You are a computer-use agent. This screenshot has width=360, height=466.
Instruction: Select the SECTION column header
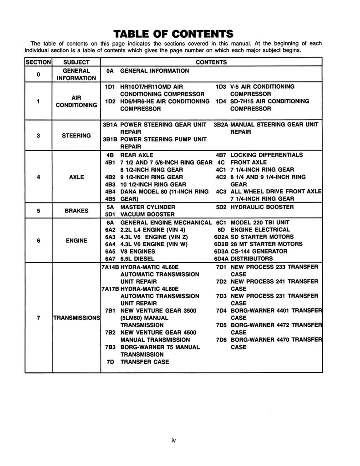pyautogui.click(x=38, y=62)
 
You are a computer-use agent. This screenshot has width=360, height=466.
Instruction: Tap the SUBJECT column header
pyautogui.click(x=76, y=62)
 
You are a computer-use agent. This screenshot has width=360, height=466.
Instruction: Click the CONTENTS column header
pyautogui.click(x=211, y=62)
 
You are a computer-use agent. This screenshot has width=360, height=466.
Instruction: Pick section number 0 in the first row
pyautogui.click(x=38, y=75)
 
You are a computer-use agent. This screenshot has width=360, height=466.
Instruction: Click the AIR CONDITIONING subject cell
pyautogui.click(x=76, y=101)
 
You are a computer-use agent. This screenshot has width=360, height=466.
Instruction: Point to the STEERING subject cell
pyautogui.click(x=76, y=136)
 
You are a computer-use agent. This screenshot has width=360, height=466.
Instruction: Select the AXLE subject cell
pyautogui.click(x=76, y=177)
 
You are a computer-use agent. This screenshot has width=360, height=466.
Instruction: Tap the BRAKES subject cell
pyautogui.click(x=76, y=211)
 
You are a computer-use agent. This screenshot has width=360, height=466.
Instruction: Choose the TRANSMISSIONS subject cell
pyautogui.click(x=76, y=318)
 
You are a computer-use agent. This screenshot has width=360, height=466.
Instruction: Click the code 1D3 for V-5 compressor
pyautogui.click(x=221, y=86)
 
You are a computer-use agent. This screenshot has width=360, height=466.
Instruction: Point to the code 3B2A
pyautogui.click(x=221, y=124)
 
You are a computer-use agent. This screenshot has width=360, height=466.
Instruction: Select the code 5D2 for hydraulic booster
pyautogui.click(x=221, y=207)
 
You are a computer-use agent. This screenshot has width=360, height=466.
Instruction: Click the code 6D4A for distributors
pyautogui.click(x=221, y=258)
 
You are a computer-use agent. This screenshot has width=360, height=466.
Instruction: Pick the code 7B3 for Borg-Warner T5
pyautogui.click(x=109, y=347)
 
